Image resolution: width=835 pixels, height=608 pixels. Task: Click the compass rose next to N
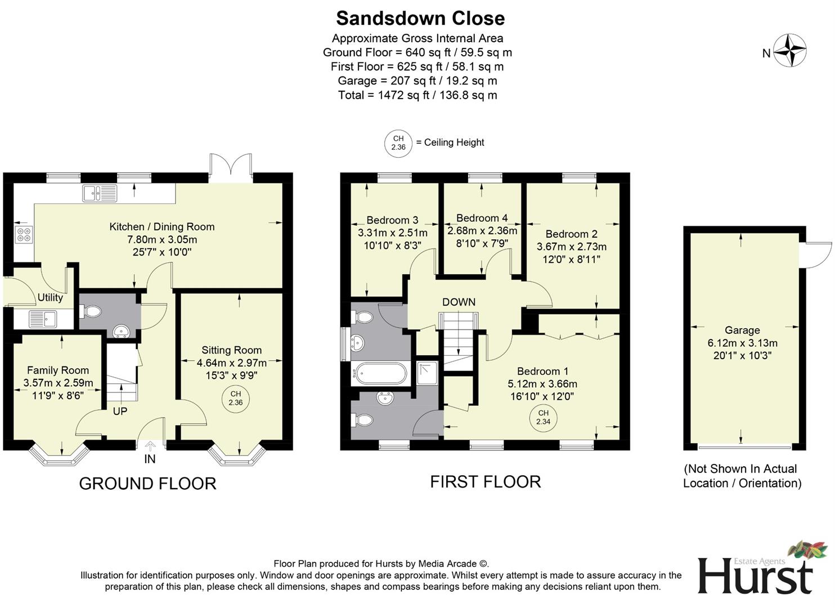(x=789, y=51)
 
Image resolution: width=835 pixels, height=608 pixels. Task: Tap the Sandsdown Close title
(x=420, y=19)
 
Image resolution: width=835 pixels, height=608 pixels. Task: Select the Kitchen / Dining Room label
(x=162, y=227)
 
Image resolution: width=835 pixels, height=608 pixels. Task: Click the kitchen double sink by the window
(x=100, y=193)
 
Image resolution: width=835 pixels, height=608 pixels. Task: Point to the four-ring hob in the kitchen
(x=24, y=235)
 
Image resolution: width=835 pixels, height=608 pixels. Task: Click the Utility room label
(x=50, y=297)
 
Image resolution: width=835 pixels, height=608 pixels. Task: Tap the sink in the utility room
(x=43, y=319)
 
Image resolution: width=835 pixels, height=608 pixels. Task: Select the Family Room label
(x=58, y=370)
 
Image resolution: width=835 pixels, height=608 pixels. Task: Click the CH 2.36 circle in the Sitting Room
(x=235, y=398)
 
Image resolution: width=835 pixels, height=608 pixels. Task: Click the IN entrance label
(x=150, y=459)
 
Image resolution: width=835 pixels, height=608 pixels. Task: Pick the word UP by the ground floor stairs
(x=120, y=412)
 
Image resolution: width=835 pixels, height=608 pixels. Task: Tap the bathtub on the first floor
(x=380, y=373)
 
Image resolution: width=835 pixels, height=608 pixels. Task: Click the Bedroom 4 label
(x=482, y=218)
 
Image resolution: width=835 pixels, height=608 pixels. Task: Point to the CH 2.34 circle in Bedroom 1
(x=543, y=417)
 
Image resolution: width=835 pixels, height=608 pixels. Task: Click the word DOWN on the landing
(x=459, y=302)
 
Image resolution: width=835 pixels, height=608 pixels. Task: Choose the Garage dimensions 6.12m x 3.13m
(x=742, y=343)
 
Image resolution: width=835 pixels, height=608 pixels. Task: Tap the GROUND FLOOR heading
(x=147, y=484)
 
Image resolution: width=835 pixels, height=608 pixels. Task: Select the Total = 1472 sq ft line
(x=417, y=95)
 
